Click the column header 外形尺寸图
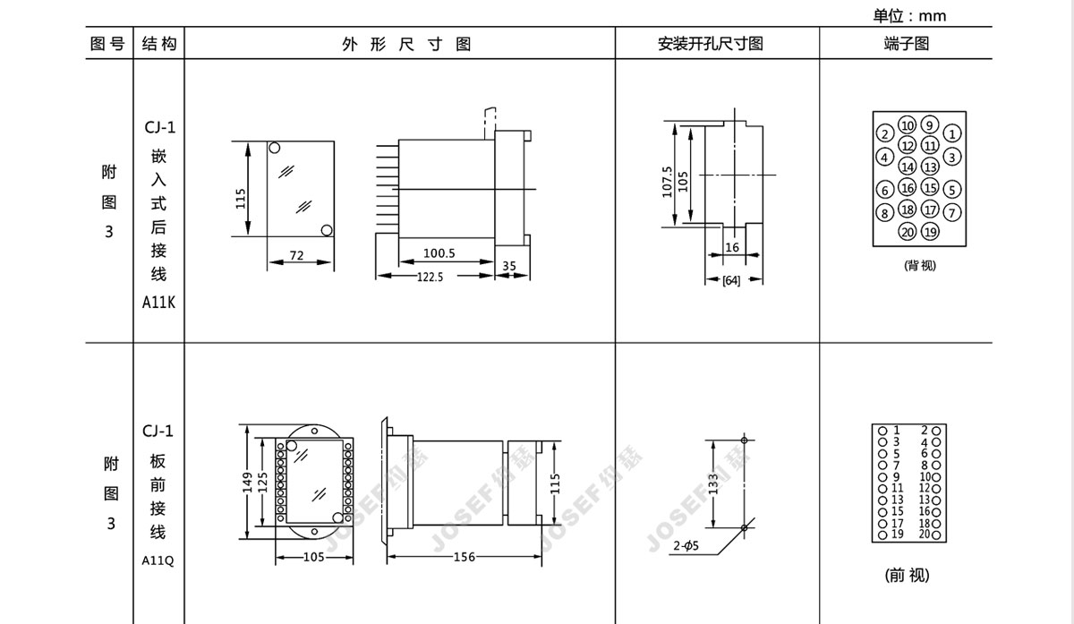coord(406,44)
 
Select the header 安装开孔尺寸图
coord(711,44)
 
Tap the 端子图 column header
coord(907,44)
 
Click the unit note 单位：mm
coord(909,16)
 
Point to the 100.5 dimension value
coord(439,252)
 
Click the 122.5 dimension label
coord(430,277)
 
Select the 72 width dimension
coord(297,255)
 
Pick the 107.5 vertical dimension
coord(667,183)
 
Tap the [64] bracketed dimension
coord(731,280)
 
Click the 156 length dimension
coord(465,557)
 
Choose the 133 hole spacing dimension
coord(713,484)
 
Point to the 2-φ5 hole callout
coord(686,545)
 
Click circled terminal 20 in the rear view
coord(908,232)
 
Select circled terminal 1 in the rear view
coord(952,133)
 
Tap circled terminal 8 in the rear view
coord(884,213)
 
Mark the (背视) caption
coord(920,265)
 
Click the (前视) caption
coord(908,575)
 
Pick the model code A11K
coord(158,303)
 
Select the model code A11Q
coord(158,560)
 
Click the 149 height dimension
coord(247,483)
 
